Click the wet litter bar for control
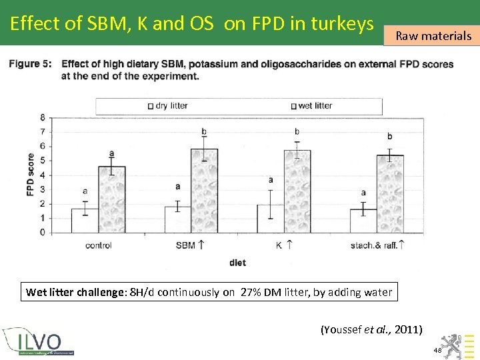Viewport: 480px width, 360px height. click(111, 199)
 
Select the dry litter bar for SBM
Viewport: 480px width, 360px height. click(177, 219)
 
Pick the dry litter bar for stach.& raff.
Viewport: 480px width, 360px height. click(363, 221)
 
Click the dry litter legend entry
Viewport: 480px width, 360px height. click(168, 105)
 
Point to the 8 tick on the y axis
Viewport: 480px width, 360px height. click(42, 117)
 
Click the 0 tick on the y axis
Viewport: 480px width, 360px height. click(42, 233)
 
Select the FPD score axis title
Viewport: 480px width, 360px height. click(30, 175)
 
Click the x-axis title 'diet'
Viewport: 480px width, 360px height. click(237, 263)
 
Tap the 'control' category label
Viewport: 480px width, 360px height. click(98, 245)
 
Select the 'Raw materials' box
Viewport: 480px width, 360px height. click(433, 36)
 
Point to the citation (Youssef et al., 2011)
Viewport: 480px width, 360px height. click(371, 329)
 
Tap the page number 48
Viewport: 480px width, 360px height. click(437, 350)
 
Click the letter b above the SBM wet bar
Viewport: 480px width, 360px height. click(204, 131)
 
